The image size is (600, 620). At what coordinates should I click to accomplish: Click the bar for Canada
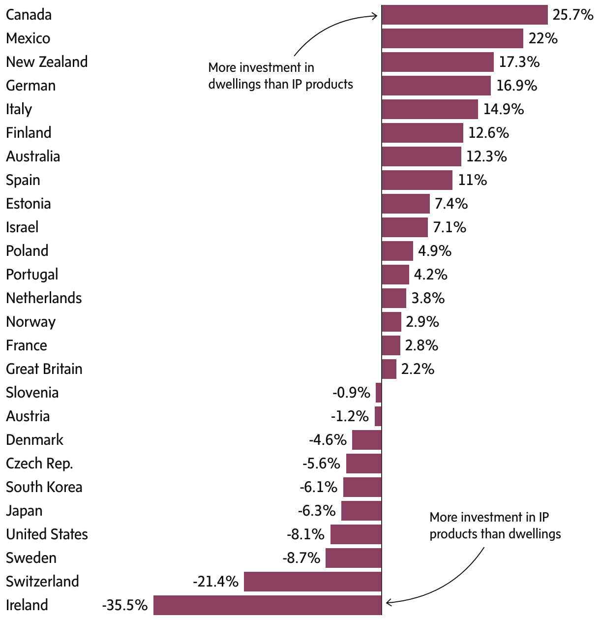(x=464, y=15)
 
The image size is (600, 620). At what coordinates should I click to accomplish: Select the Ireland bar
(x=268, y=605)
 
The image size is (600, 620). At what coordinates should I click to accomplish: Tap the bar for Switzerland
(x=313, y=582)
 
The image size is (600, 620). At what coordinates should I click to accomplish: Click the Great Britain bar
(x=389, y=369)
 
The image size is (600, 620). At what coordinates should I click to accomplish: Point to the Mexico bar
(x=452, y=38)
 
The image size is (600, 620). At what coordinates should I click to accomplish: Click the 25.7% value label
(x=573, y=15)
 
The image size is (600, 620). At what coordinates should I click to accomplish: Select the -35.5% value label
(x=124, y=605)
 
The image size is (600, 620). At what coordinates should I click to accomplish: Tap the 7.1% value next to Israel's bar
(x=450, y=227)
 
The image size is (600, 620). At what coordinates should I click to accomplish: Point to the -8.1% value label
(x=305, y=534)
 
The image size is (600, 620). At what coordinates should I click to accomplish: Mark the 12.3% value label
(x=486, y=156)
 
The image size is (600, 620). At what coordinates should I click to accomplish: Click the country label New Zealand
(x=47, y=62)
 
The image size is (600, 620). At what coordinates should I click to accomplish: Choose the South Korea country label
(x=44, y=487)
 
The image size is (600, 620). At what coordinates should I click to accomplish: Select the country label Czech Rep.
(x=39, y=464)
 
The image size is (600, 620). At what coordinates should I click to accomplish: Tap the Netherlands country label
(x=44, y=298)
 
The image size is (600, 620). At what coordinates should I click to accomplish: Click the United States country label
(x=47, y=534)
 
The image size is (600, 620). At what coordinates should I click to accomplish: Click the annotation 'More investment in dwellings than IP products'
(x=280, y=75)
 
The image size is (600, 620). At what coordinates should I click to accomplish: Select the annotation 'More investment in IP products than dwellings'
(x=495, y=526)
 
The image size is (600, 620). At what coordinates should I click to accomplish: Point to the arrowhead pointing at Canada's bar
(x=376, y=16)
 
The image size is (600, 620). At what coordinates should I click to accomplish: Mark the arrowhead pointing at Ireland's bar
(x=388, y=602)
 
